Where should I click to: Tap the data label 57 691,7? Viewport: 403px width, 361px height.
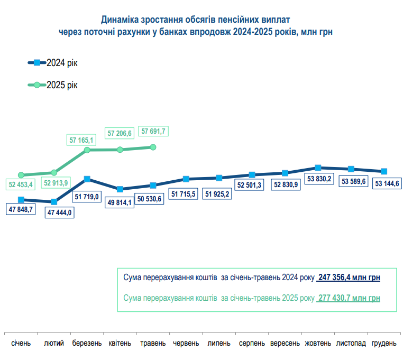(153, 131)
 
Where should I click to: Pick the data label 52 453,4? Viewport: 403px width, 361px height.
(21, 184)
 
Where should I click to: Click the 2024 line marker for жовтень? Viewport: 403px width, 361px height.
(318, 168)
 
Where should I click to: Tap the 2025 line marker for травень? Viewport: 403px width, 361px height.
(153, 147)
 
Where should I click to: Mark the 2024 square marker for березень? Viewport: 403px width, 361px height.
(87, 179)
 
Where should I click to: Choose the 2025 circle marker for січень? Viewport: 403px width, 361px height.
(21, 175)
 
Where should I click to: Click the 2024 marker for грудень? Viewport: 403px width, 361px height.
(384, 171)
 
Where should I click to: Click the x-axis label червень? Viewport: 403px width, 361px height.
(186, 344)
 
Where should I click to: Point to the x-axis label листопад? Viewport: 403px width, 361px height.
(351, 344)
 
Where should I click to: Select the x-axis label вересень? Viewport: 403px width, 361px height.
(285, 344)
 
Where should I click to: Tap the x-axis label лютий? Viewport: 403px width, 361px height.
(54, 344)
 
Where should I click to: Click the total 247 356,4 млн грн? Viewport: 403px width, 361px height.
(349, 277)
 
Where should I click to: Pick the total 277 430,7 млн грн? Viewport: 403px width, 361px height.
(349, 298)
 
